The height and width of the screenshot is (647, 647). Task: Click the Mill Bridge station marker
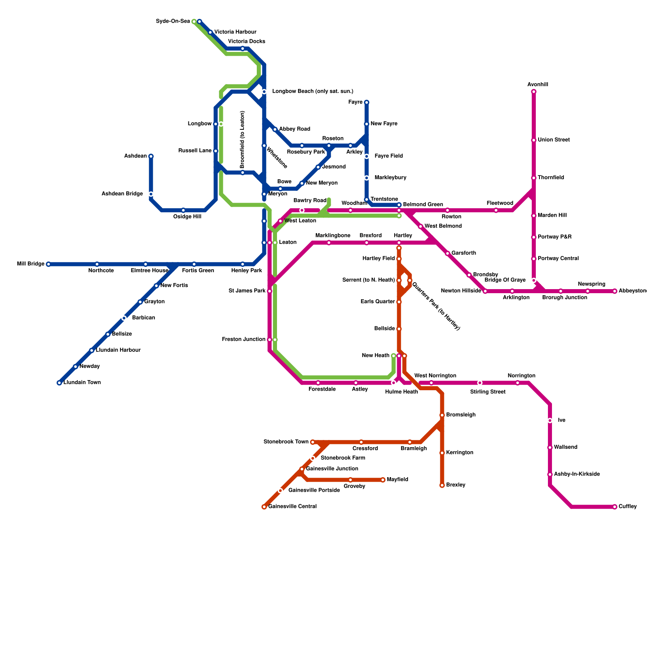pyautogui.click(x=49, y=264)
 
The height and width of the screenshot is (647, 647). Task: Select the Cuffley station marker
pyautogui.click(x=615, y=507)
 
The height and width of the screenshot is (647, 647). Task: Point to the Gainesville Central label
pyautogui.click(x=292, y=507)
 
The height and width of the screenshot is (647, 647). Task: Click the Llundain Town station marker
pyautogui.click(x=59, y=383)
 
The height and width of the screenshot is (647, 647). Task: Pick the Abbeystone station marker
pyautogui.click(x=615, y=291)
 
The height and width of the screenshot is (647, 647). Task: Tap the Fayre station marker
pyautogui.click(x=366, y=102)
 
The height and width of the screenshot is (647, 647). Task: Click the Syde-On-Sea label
pyautogui.click(x=173, y=21)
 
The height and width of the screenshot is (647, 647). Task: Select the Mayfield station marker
pyautogui.click(x=383, y=480)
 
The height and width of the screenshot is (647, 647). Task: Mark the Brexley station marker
pyautogui.click(x=442, y=485)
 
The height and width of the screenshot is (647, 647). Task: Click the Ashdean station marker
pyautogui.click(x=151, y=156)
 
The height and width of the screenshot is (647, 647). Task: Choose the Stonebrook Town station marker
pyautogui.click(x=313, y=442)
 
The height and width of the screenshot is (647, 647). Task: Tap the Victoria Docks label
pyautogui.click(x=247, y=41)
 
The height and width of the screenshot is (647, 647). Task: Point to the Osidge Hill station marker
pyautogui.click(x=183, y=210)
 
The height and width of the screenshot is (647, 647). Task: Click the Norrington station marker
pyautogui.click(x=518, y=383)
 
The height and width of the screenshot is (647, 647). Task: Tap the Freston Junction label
pyautogui.click(x=243, y=340)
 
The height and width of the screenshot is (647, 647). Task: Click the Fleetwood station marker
pyautogui.click(x=496, y=210)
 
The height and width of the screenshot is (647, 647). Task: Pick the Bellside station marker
pyautogui.click(x=399, y=329)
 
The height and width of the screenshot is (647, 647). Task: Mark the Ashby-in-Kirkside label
pyautogui.click(x=577, y=474)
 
